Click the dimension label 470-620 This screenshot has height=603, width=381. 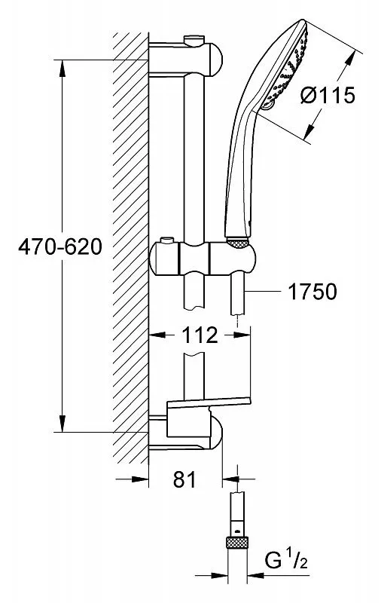(60, 246)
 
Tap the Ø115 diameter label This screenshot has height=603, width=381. (328, 95)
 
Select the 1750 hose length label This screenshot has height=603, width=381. (312, 292)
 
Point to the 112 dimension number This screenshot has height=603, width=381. (200, 335)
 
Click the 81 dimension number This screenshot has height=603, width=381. (184, 479)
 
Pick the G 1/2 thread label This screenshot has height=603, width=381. (286, 561)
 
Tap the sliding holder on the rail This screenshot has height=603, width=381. (203, 259)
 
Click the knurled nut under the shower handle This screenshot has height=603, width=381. (238, 243)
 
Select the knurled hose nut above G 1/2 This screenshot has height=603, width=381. (237, 542)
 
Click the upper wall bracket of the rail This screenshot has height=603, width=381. (185, 60)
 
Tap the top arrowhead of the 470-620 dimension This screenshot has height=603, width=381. (62, 69)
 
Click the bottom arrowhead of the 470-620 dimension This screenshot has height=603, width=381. (62, 423)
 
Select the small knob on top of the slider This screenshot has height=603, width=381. (166, 240)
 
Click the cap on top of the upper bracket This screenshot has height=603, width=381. (194, 40)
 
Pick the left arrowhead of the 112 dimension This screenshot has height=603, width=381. (157, 335)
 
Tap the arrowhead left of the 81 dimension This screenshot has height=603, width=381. (140, 479)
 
